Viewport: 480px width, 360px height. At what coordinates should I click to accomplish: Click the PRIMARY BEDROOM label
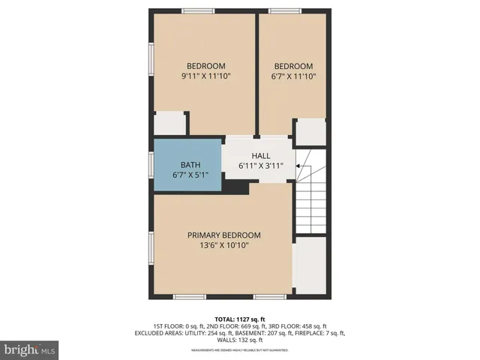coord(223,235)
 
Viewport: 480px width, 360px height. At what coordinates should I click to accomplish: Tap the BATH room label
coord(190,165)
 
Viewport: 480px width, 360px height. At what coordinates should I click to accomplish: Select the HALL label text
coord(260,155)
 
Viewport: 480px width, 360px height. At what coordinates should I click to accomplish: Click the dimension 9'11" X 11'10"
coord(205,76)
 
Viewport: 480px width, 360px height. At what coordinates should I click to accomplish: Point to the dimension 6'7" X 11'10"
coord(294,76)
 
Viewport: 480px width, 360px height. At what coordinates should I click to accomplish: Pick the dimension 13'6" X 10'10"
coord(223,245)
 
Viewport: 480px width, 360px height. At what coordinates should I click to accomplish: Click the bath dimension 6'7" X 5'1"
coord(190,175)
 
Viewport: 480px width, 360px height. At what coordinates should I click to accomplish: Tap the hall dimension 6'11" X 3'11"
coord(260,166)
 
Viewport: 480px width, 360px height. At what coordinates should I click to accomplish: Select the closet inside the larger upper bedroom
coord(169,124)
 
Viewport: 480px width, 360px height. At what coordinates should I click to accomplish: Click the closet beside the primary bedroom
coord(309,266)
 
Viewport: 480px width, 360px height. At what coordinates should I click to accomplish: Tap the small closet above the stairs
coord(310,132)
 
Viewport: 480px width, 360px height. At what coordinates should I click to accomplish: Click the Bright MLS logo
coord(30,349)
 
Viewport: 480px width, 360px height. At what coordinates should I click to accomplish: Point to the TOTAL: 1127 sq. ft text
coord(239,318)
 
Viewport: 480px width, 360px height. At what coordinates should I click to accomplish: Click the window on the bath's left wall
coord(151,164)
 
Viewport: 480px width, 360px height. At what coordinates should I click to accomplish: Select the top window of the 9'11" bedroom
coord(198,10)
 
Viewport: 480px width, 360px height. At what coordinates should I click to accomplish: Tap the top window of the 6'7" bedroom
coord(285,10)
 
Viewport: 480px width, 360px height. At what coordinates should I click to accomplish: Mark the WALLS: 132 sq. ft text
coord(239,340)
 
